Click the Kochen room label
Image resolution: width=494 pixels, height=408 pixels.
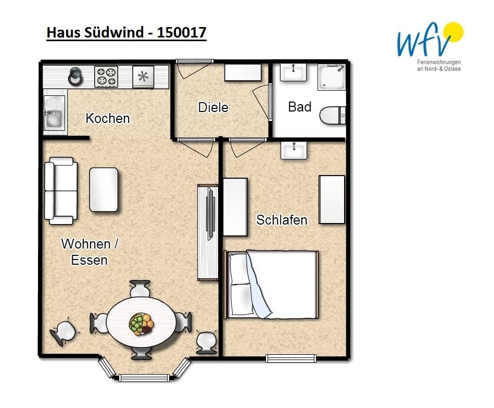pyautogui.click(x=108, y=119)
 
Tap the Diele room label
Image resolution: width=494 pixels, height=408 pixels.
pyautogui.click(x=213, y=107)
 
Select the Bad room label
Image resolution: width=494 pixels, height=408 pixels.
pyautogui.click(x=300, y=107)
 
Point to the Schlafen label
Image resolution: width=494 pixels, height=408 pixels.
pyautogui.click(x=282, y=220)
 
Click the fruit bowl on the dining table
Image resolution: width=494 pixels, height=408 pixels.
pyautogui.click(x=141, y=324)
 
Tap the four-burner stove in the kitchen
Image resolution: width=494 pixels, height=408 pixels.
pyautogui.click(x=106, y=77)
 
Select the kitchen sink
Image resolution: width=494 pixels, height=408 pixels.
pyautogui.click(x=55, y=113)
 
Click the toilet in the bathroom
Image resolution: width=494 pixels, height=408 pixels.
pyautogui.click(x=333, y=115)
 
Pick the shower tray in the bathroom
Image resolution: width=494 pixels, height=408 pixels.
pyautogui.click(x=332, y=77)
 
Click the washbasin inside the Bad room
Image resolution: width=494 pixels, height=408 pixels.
pyautogui.click(x=293, y=72)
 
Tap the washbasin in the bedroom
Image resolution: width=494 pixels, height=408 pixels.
pyautogui.click(x=294, y=150)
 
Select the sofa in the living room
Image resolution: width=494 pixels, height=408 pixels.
pyautogui.click(x=61, y=191)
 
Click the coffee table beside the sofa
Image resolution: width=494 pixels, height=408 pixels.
pyautogui.click(x=104, y=190)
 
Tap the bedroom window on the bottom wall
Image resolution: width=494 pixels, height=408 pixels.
pyautogui.click(x=291, y=358)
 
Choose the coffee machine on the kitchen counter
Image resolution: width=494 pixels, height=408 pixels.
pyautogui.click(x=76, y=76)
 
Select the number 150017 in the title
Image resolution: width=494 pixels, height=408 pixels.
pyautogui.click(x=182, y=32)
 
